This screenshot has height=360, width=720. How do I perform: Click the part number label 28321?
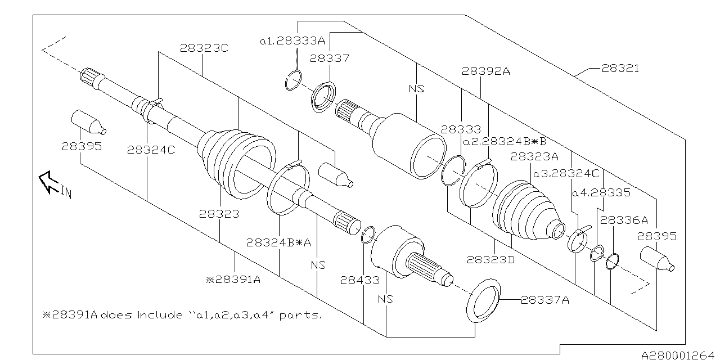pyautogui.click(x=620, y=69)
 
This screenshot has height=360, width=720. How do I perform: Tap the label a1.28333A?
pyautogui.click(x=292, y=41)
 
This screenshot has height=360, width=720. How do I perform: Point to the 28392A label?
pyautogui.click(x=485, y=71)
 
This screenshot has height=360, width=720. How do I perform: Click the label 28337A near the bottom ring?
pyautogui.click(x=544, y=300)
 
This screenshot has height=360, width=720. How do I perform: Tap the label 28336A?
pyautogui.click(x=623, y=220)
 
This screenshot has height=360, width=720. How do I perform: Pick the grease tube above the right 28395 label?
pyautogui.click(x=657, y=259)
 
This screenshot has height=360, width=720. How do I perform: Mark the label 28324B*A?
pyautogui.click(x=278, y=242)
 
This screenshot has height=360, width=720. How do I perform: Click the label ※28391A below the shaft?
pyautogui.click(x=233, y=278)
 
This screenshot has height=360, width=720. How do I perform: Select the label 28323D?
pyautogui.click(x=490, y=259)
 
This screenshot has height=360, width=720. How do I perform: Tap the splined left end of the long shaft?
pyautogui.click(x=90, y=78)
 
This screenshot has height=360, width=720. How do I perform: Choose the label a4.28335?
pyautogui.click(x=600, y=192)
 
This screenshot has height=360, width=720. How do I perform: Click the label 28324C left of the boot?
pyautogui.click(x=151, y=149)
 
